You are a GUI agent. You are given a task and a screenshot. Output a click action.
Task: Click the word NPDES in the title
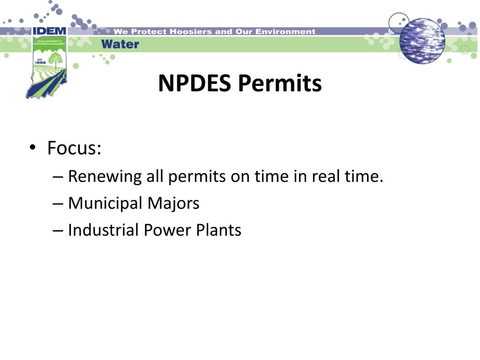tap(195, 84)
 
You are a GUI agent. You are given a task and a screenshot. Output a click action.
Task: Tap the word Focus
tap(74, 149)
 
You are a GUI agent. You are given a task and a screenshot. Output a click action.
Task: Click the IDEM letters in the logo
tap(49, 31)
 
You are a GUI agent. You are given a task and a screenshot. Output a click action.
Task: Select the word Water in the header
tap(120, 45)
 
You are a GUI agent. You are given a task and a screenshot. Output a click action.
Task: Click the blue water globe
tap(422, 40)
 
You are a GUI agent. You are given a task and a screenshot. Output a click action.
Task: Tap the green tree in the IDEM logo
tap(56, 60)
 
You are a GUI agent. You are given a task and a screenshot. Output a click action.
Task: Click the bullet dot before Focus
tap(32, 149)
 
